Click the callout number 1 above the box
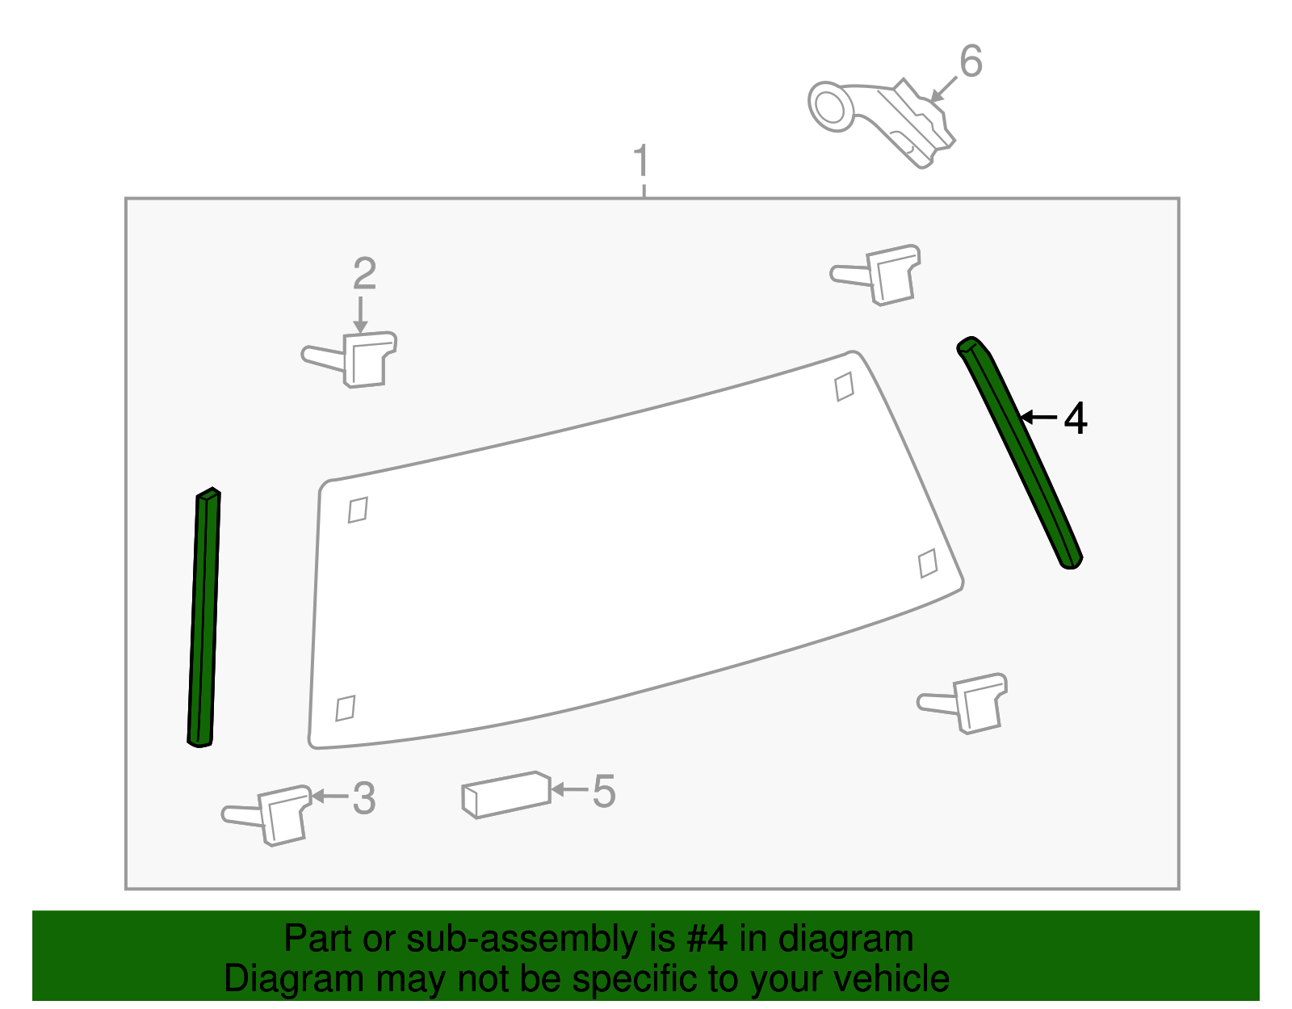click(641, 162)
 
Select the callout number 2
click(364, 274)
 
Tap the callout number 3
click(364, 798)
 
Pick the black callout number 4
click(1076, 419)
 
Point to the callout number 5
click(603, 791)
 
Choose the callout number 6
click(970, 61)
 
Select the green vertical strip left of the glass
click(203, 618)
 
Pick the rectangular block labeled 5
click(506, 795)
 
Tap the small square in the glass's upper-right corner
click(844, 386)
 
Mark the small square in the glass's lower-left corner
click(346, 708)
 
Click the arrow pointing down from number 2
click(360, 314)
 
